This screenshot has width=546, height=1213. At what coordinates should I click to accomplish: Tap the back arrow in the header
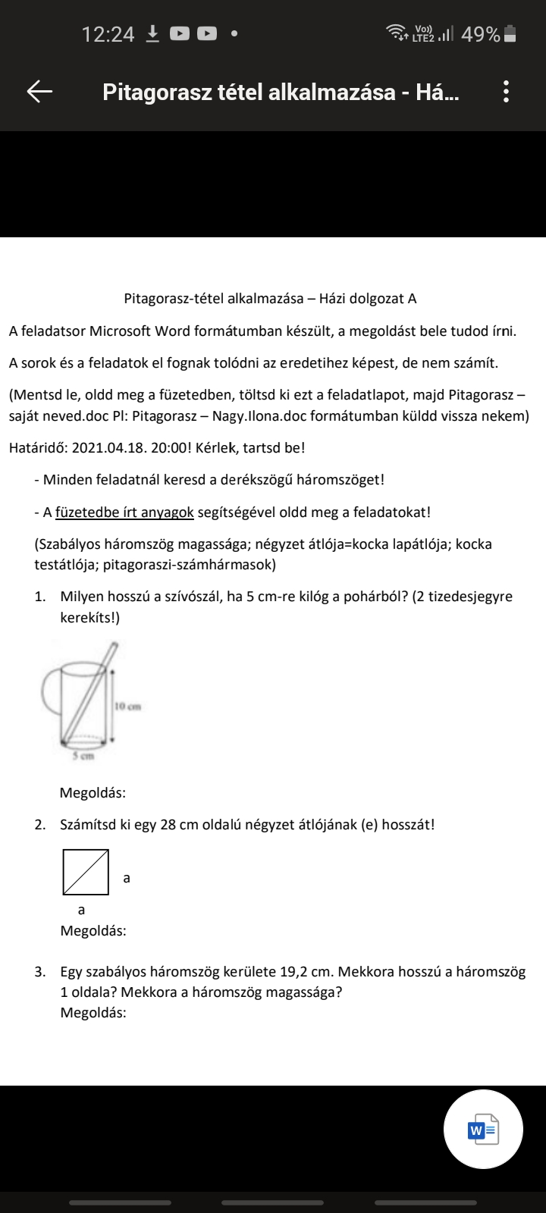pyautogui.click(x=39, y=92)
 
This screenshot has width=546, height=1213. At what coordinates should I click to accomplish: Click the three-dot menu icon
pyautogui.click(x=506, y=92)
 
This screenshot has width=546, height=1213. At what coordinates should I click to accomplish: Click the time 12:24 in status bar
pyautogui.click(x=108, y=34)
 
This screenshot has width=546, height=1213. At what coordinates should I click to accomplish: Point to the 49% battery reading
pyautogui.click(x=480, y=34)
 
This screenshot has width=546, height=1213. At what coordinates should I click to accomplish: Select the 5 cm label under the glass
pyautogui.click(x=83, y=756)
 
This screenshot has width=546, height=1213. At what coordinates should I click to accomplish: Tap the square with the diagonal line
pyautogui.click(x=85, y=872)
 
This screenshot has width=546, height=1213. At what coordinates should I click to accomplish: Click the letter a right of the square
pyautogui.click(x=127, y=878)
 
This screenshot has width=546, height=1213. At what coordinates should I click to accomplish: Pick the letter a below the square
pyautogui.click(x=82, y=910)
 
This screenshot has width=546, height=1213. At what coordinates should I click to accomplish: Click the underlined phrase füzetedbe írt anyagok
pyautogui.click(x=124, y=512)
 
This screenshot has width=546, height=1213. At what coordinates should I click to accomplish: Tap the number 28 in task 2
pyautogui.click(x=168, y=824)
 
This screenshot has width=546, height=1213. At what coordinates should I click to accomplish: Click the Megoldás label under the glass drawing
pyautogui.click(x=93, y=793)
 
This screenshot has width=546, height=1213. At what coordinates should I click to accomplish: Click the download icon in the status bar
pyautogui.click(x=152, y=33)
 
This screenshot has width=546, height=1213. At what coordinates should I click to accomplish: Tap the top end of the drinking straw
pyautogui.click(x=115, y=647)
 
